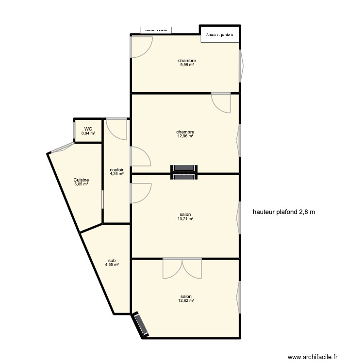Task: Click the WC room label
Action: click(88, 129)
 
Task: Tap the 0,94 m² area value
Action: click(88, 133)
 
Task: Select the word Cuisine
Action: click(81, 180)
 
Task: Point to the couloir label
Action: click(116, 169)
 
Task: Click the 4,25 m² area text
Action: click(116, 174)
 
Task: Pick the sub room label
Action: click(112, 260)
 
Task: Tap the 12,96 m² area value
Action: click(185, 136)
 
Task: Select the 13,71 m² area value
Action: click(185, 219)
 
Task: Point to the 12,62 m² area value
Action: click(185, 301)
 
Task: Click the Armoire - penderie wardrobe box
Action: click(220, 34)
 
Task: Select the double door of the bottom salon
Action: click(182, 268)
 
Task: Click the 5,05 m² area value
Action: click(81, 184)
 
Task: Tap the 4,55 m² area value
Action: click(112, 265)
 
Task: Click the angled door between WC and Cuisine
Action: click(62, 148)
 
